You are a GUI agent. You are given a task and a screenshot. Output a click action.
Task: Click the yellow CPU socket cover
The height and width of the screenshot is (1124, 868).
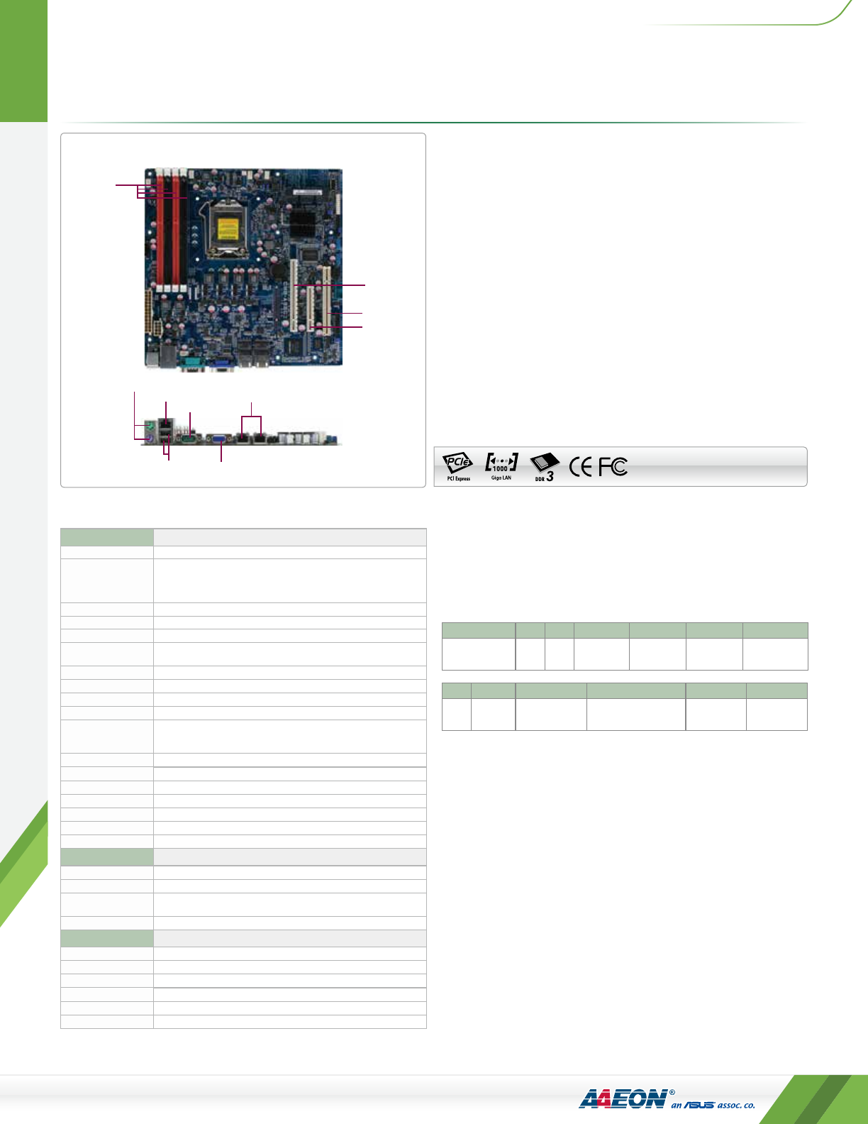point(227,230)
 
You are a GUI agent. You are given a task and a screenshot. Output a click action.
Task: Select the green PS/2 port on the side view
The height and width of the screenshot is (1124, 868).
point(150,426)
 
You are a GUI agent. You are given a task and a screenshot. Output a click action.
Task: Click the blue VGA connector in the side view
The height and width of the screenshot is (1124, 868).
point(220,439)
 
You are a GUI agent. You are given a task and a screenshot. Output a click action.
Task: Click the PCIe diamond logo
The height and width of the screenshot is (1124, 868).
point(457,463)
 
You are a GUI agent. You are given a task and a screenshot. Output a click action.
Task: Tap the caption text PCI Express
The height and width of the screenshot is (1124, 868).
point(458,479)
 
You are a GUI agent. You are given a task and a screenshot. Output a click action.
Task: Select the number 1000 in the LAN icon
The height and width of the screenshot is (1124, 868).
point(500,468)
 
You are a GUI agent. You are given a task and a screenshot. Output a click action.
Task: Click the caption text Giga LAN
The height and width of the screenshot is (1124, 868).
point(501,478)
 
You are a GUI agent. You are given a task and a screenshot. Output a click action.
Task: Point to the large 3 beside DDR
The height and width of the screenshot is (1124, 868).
point(550,477)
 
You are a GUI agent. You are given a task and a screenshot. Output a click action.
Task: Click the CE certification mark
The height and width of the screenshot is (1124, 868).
point(580,466)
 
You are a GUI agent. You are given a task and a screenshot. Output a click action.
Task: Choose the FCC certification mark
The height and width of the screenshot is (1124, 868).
point(613,466)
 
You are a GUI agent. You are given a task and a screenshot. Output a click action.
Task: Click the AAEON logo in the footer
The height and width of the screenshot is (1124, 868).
point(623,1098)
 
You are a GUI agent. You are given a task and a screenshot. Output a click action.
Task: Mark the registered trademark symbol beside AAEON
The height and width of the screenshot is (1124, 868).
point(672,1093)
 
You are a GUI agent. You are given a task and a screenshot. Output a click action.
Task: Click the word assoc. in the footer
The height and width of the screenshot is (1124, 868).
point(730,1105)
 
